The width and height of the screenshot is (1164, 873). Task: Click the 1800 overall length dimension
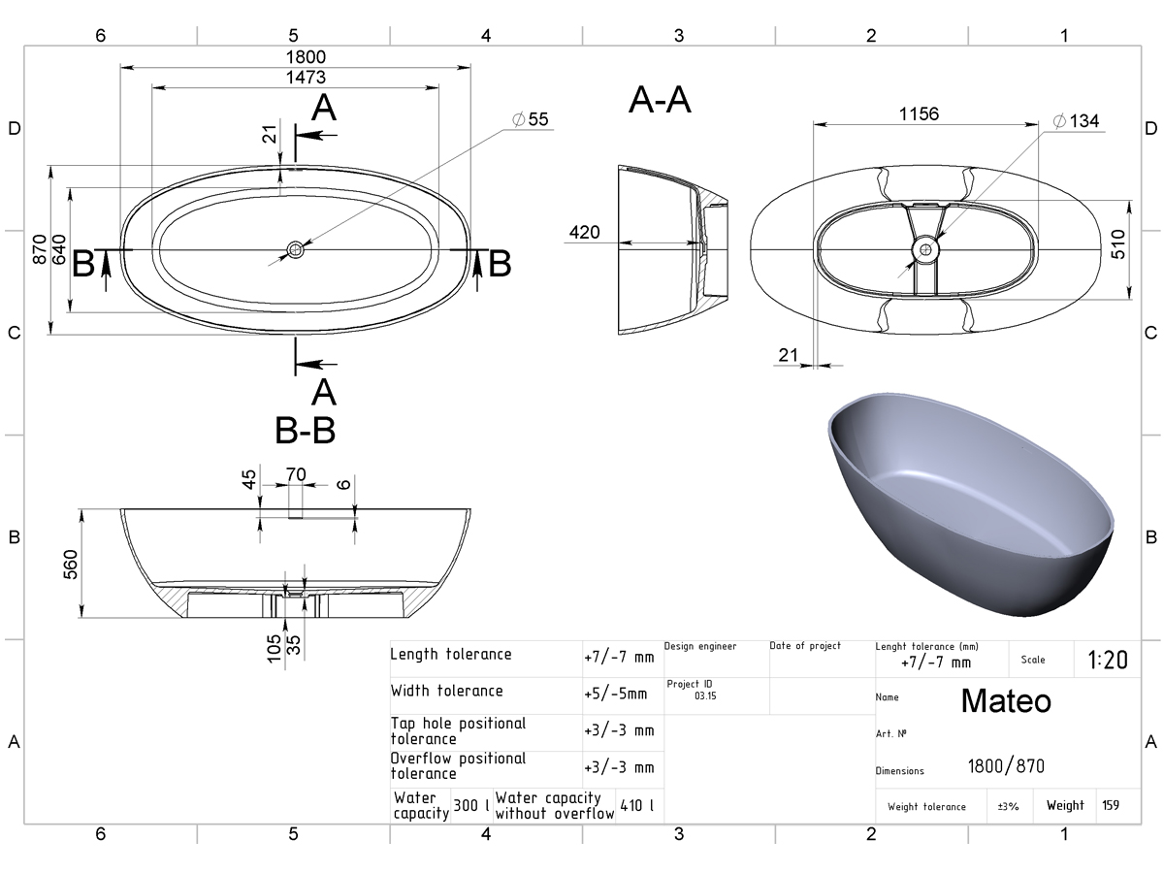pos(306,56)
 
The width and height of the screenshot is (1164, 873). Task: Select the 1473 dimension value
pos(306,78)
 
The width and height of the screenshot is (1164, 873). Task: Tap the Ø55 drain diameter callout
pos(531,119)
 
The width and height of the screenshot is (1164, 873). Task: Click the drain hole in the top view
pos(296,249)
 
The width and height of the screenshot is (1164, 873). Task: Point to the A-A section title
pos(660,100)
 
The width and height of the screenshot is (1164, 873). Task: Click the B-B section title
pos(305,430)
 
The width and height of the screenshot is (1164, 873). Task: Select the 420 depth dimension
pos(584,232)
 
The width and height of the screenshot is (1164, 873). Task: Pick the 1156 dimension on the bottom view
pos(919,113)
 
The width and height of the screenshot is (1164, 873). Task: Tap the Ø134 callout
pos(1077,121)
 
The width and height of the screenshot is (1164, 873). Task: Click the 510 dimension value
pos(1117,244)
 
